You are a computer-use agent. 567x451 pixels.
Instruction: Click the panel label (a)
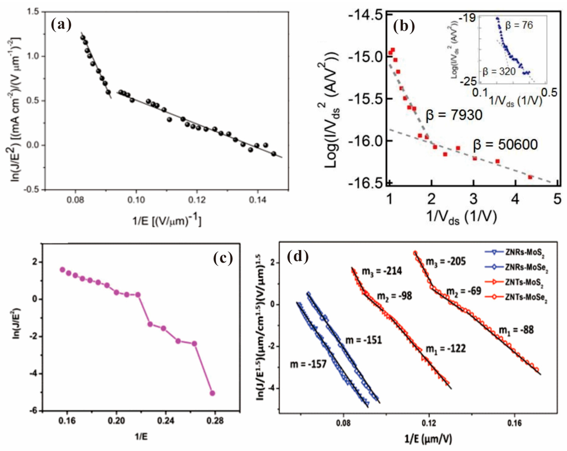point(61,25)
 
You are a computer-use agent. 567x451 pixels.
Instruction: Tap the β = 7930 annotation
point(454,115)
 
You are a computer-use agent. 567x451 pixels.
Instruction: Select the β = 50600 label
point(505,145)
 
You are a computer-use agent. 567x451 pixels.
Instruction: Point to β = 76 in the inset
point(519,25)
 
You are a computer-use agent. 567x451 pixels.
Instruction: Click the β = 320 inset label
point(499,71)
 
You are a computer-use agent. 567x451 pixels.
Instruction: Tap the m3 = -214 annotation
point(382,271)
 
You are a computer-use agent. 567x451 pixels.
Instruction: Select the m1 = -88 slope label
point(516,330)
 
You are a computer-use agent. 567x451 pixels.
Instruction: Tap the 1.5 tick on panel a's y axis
point(33,12)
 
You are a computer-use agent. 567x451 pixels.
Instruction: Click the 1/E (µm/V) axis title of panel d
point(428,438)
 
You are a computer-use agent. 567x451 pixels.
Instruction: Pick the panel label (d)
point(298,257)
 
